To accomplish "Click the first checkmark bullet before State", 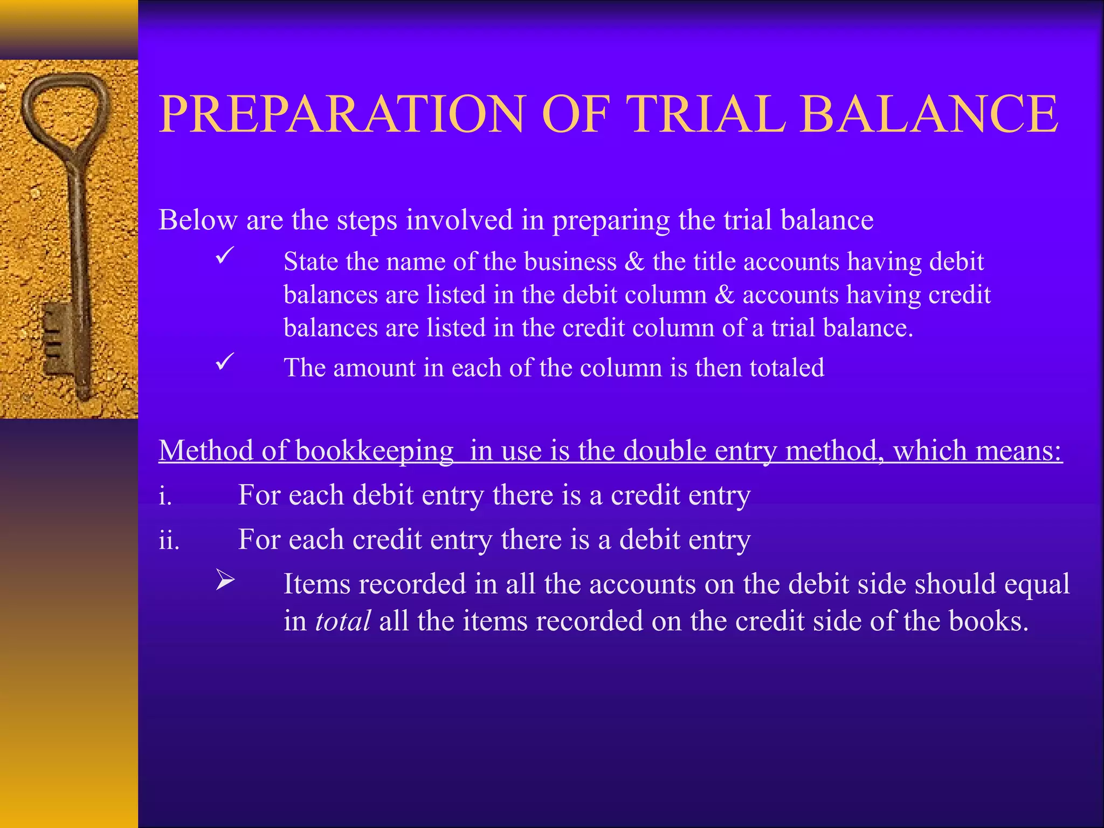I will pyautogui.click(x=224, y=254).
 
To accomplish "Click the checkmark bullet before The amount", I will pyautogui.click(x=224, y=361).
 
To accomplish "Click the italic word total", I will pyautogui.click(x=342, y=621).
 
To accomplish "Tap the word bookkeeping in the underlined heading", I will pyautogui.click(x=374, y=451).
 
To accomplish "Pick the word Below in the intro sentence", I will pyautogui.click(x=198, y=220).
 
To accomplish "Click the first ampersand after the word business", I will pyautogui.click(x=634, y=262).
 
